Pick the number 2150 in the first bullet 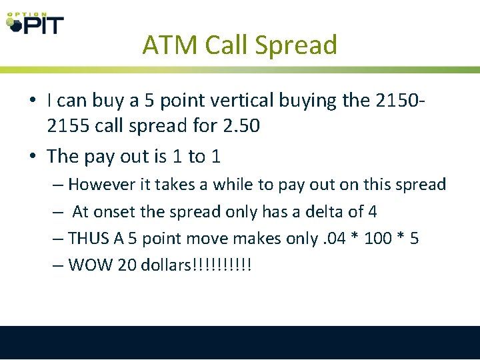tap(399, 101)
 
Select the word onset tap(117, 212)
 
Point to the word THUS tap(91, 239)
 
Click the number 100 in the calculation tap(376, 239)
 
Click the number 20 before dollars tap(127, 265)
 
